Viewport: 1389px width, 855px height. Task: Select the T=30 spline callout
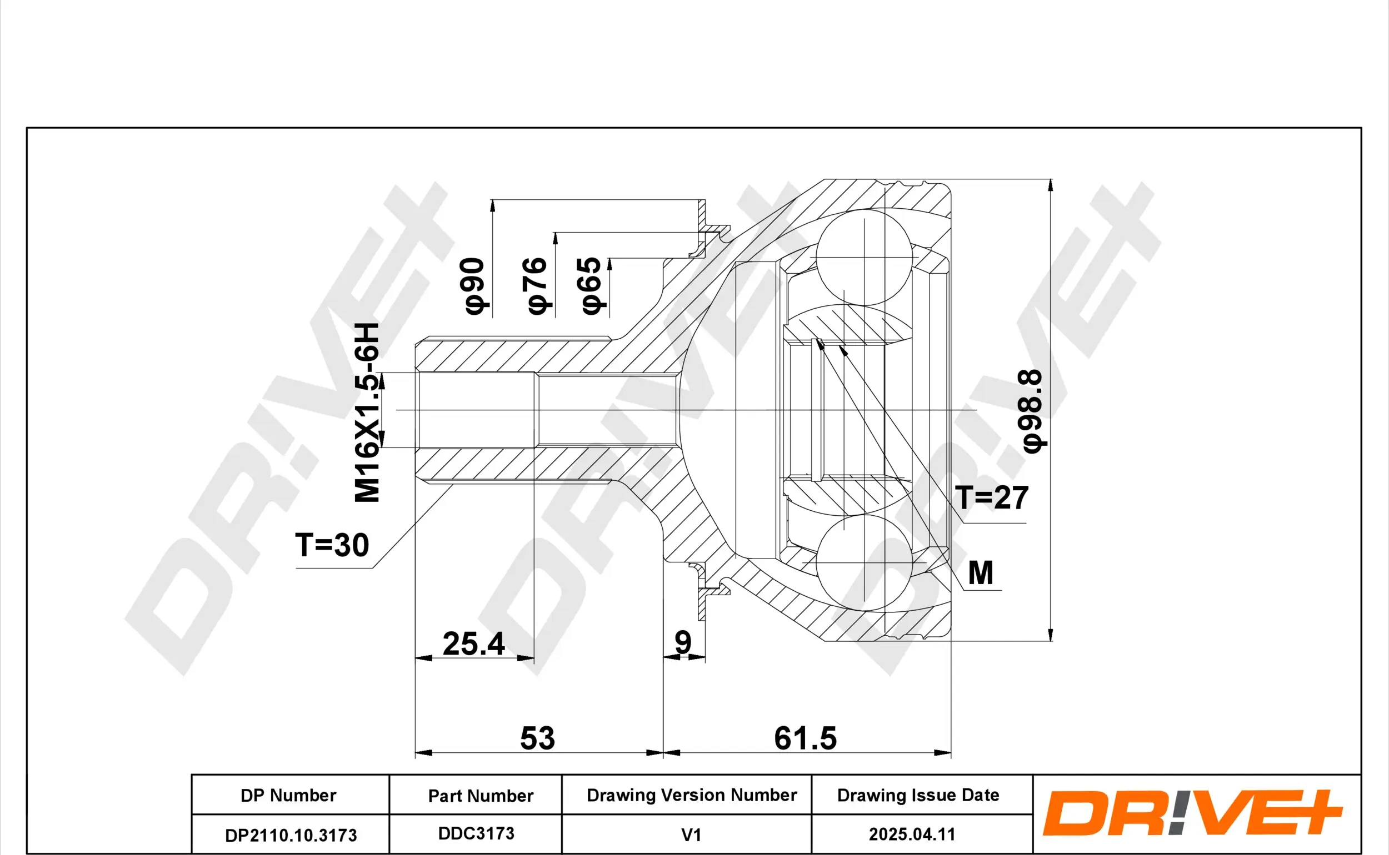[332, 546]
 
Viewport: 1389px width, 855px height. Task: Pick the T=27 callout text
[992, 498]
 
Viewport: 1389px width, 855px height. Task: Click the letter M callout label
[981, 573]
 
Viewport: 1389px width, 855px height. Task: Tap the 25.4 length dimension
[473, 643]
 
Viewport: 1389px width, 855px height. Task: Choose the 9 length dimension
[683, 642]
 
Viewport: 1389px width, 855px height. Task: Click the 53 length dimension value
[537, 738]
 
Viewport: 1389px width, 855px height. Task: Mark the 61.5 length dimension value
[805, 738]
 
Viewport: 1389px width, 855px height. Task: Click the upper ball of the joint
[864, 257]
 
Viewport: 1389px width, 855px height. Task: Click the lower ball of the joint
[864, 562]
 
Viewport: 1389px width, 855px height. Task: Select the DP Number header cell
[288, 796]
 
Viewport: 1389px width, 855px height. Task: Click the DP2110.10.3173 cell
[291, 835]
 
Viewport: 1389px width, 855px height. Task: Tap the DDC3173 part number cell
[476, 833]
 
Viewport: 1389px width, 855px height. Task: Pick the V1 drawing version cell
[691, 834]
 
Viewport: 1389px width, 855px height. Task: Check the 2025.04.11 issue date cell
[912, 834]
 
